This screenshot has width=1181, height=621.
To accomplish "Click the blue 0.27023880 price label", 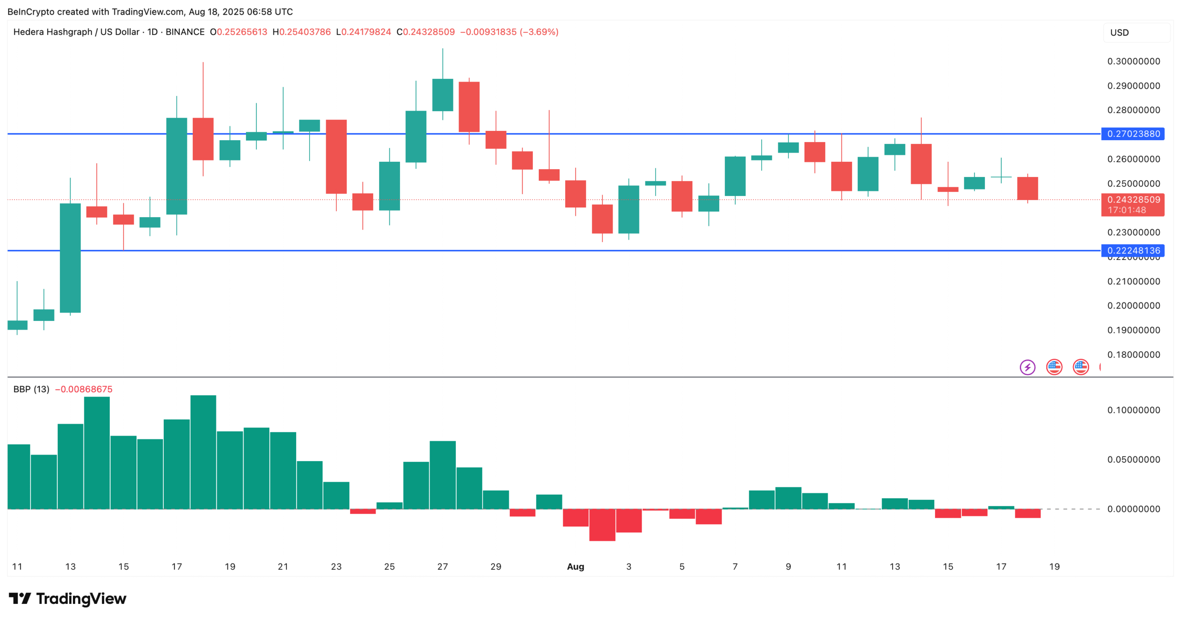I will pyautogui.click(x=1133, y=134).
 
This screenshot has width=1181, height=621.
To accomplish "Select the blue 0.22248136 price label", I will pyautogui.click(x=1133, y=250).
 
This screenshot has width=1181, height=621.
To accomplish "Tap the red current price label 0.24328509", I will pyautogui.click(x=1133, y=200).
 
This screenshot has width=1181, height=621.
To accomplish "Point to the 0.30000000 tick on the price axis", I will pyautogui.click(x=1133, y=61).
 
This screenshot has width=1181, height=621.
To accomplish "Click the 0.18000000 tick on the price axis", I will pyautogui.click(x=1133, y=355).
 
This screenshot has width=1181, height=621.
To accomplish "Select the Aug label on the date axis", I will pyautogui.click(x=575, y=567).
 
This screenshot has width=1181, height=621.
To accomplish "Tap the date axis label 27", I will pyautogui.click(x=442, y=567).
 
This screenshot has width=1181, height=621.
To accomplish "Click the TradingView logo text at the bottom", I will pyautogui.click(x=68, y=598).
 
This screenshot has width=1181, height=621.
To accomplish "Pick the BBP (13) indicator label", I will pyautogui.click(x=31, y=389).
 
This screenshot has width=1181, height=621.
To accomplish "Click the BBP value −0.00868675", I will pyautogui.click(x=84, y=389).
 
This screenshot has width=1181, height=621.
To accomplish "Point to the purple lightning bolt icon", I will pyautogui.click(x=1027, y=367).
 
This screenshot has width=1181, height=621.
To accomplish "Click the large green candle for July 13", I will pyautogui.click(x=70, y=258).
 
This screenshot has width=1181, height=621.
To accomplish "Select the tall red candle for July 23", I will pyautogui.click(x=336, y=157).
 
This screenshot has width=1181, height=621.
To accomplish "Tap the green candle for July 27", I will pyautogui.click(x=442, y=95).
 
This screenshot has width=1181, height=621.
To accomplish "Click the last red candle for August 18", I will pyautogui.click(x=1027, y=189).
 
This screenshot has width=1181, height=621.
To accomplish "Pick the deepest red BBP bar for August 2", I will pyautogui.click(x=602, y=525).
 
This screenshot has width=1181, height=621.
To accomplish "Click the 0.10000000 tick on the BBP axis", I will pyautogui.click(x=1133, y=410).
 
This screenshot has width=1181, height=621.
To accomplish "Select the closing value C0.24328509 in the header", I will pyautogui.click(x=426, y=32).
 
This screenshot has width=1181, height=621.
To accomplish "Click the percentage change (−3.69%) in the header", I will pyautogui.click(x=539, y=32).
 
